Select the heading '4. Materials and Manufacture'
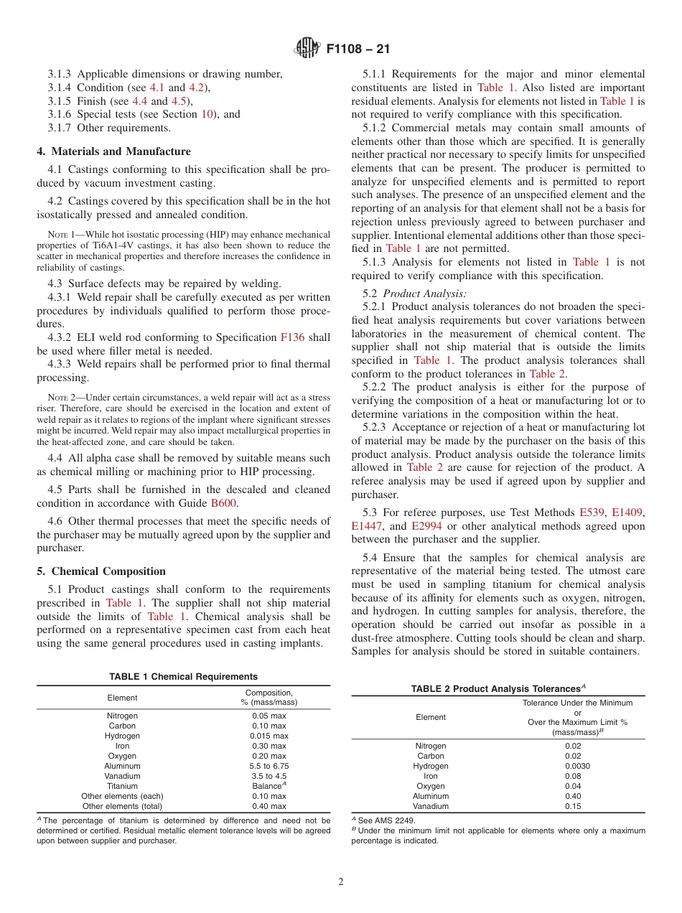[113, 151]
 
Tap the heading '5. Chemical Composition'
[101, 571]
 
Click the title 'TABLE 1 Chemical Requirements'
[183, 677]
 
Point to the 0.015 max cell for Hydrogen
[268, 736]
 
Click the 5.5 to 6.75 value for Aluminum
[268, 766]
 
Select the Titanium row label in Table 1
[122, 786]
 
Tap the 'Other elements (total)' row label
[122, 806]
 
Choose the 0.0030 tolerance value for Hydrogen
[577, 766]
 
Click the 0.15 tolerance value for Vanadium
[577, 806]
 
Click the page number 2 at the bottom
[341, 882]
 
